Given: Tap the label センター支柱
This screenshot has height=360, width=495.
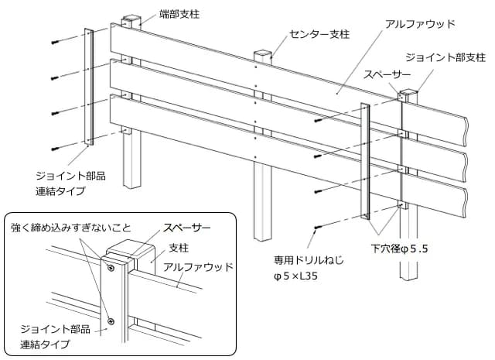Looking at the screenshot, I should click(x=319, y=35).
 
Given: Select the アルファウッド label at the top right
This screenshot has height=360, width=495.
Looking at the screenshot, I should click(x=420, y=24).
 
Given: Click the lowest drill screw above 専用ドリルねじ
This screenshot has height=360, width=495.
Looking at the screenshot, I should click(x=318, y=226).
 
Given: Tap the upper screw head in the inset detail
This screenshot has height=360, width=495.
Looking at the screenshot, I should click(x=111, y=268).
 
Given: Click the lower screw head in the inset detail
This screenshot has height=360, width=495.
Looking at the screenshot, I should click(x=111, y=320).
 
